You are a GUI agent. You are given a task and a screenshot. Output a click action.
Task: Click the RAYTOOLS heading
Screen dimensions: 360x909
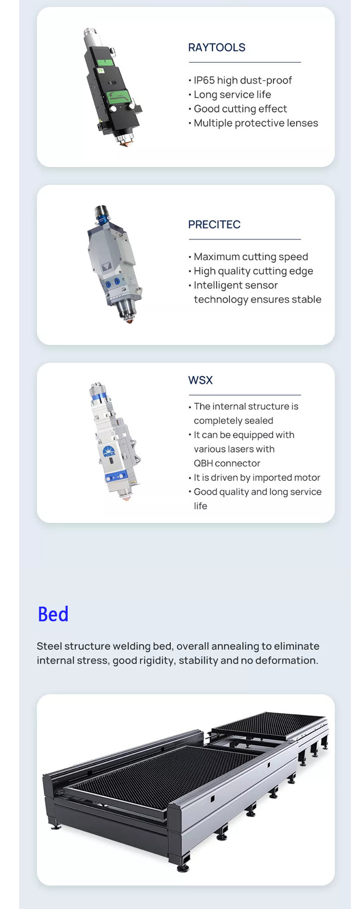(216, 48)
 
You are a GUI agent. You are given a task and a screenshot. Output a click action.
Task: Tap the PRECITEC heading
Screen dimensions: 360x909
(214, 225)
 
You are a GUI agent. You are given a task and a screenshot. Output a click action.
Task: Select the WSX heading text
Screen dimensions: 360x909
(200, 380)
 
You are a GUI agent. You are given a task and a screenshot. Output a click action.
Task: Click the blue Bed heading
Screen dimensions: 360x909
(53, 614)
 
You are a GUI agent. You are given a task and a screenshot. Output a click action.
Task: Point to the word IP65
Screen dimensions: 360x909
(204, 80)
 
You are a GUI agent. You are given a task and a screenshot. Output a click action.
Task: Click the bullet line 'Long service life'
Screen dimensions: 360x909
(232, 95)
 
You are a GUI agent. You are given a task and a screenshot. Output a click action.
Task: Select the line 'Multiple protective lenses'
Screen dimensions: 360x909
(256, 123)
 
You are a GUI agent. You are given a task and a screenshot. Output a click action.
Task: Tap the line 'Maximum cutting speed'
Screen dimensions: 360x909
(251, 257)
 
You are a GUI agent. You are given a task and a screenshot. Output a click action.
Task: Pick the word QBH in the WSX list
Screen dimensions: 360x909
(203, 463)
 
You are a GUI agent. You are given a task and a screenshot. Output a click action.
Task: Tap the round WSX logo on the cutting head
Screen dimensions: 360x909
(109, 451)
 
